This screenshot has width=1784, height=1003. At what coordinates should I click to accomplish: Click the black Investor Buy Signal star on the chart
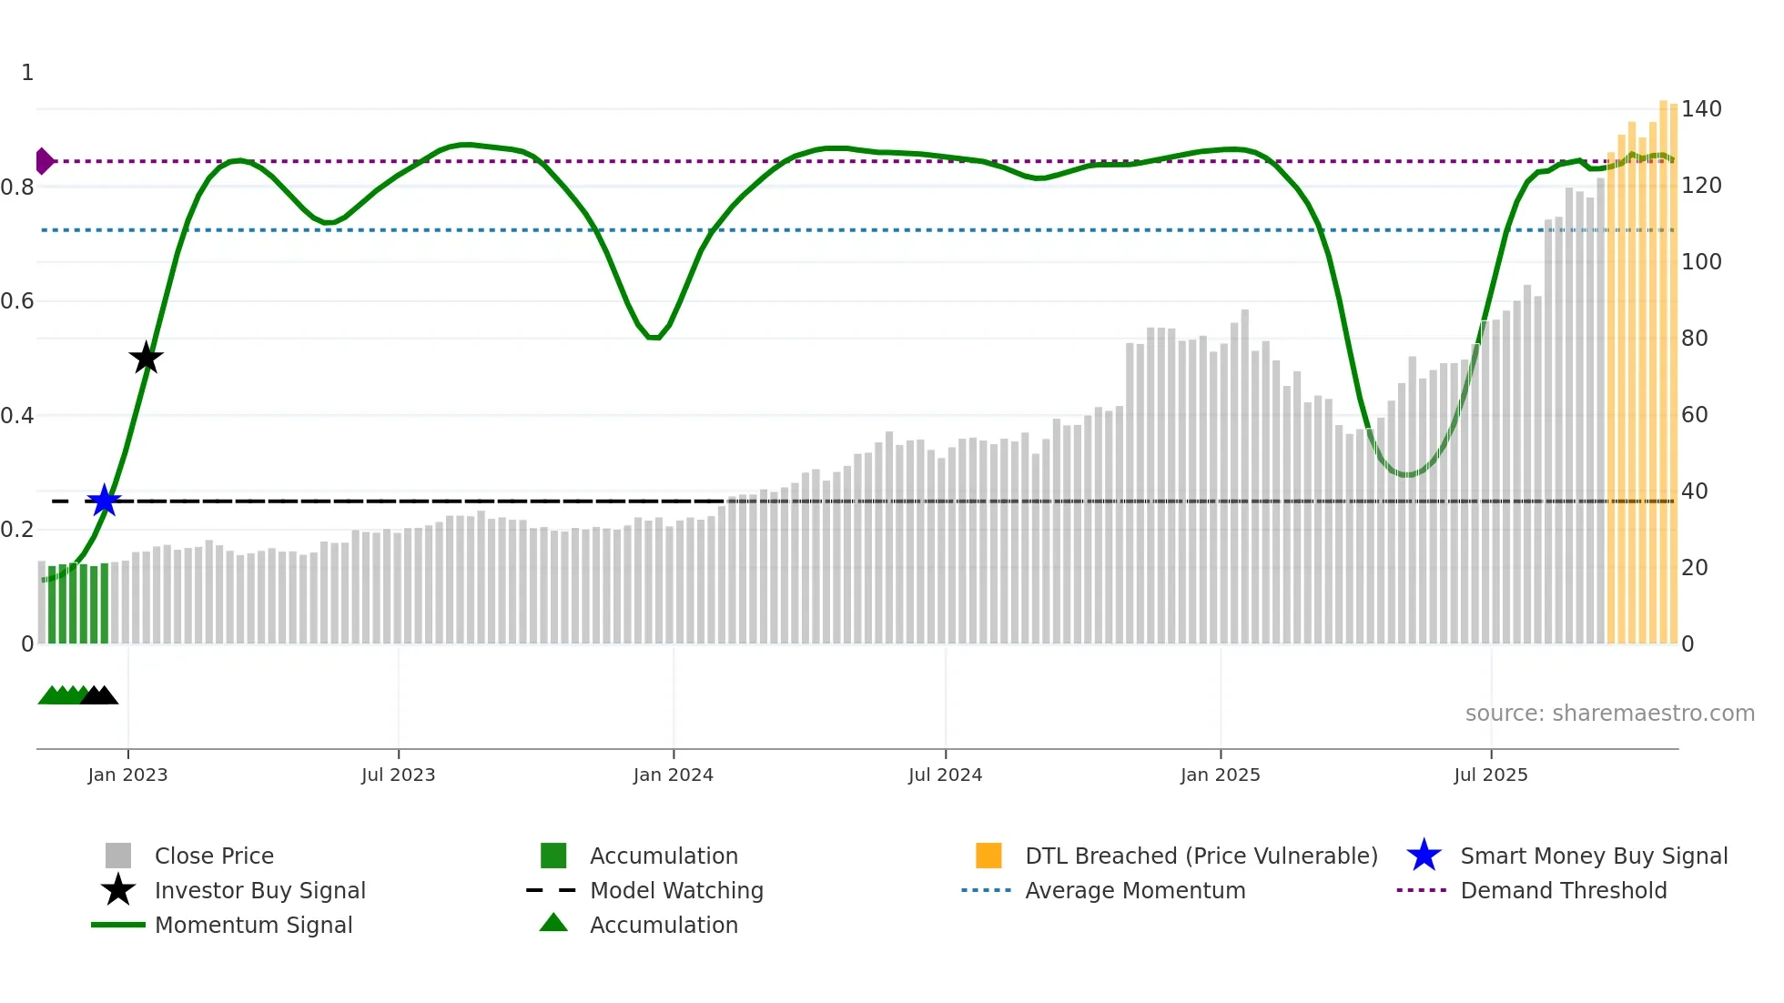coord(146,359)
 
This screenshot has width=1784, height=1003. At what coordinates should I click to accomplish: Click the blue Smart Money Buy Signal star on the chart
coord(105,501)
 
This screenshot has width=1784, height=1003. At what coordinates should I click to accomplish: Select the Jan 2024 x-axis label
coord(673,775)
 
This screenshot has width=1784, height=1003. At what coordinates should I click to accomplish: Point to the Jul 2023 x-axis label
coord(398,775)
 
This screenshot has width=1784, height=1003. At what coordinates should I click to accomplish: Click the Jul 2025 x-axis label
coord(1490,775)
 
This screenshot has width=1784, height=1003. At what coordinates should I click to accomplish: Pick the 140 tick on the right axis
coord(1700,109)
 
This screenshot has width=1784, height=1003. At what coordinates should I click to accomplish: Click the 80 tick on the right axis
coord(1694,339)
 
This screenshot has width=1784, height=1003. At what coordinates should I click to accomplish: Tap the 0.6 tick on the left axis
coord(18,301)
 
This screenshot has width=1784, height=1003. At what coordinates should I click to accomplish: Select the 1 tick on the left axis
coord(27,73)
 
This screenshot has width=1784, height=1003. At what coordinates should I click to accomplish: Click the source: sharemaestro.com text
coord(1609,714)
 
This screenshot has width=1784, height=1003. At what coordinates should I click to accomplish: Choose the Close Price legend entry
coord(214,856)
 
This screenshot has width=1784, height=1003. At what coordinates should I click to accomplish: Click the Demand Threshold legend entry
coord(1563,890)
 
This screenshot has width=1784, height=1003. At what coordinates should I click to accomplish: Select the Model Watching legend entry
coord(675,890)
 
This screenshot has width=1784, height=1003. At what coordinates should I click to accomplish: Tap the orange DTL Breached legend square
coord(988,856)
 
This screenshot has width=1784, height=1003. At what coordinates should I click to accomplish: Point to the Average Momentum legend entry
coord(1134,890)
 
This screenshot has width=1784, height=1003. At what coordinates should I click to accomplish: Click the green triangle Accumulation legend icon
coord(553,923)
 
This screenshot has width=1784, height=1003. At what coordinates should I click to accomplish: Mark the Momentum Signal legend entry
coord(253,925)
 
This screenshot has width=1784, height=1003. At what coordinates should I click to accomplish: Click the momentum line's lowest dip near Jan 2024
coord(654,338)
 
